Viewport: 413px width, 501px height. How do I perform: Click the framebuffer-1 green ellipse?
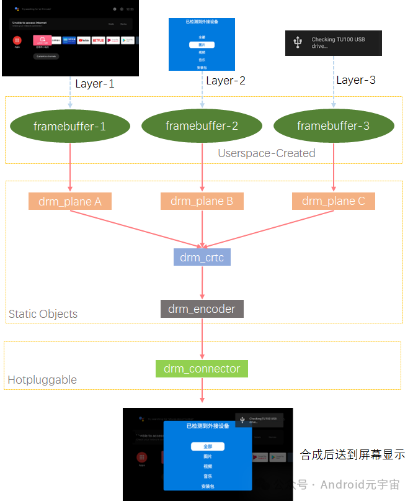click(x=70, y=127)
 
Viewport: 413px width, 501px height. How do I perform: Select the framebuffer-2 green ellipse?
click(x=202, y=127)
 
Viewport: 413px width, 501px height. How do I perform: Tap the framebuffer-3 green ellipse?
click(x=333, y=127)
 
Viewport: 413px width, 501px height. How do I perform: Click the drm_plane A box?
click(x=70, y=201)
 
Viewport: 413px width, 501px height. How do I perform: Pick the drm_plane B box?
click(x=202, y=201)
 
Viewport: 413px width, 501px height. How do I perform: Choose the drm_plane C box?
click(x=333, y=201)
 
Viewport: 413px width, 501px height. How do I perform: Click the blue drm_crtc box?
click(x=202, y=257)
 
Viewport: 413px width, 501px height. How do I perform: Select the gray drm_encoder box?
click(x=202, y=309)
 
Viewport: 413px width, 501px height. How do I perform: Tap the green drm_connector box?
click(x=202, y=369)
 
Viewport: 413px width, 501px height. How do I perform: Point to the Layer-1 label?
click(x=95, y=84)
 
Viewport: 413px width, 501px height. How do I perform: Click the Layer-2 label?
click(x=226, y=81)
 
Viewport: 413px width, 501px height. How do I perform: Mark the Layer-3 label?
click(x=356, y=80)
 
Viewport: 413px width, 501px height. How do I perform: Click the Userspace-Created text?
click(x=266, y=153)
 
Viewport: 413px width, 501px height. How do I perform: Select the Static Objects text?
click(x=43, y=314)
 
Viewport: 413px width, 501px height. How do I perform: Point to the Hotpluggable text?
click(x=42, y=380)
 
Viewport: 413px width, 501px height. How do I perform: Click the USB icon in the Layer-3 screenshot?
click(x=298, y=42)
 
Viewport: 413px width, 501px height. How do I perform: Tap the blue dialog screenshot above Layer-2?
click(x=202, y=44)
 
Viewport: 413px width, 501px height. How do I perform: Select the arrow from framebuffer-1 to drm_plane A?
click(x=70, y=178)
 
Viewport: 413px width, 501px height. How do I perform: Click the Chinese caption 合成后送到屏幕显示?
click(x=352, y=455)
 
